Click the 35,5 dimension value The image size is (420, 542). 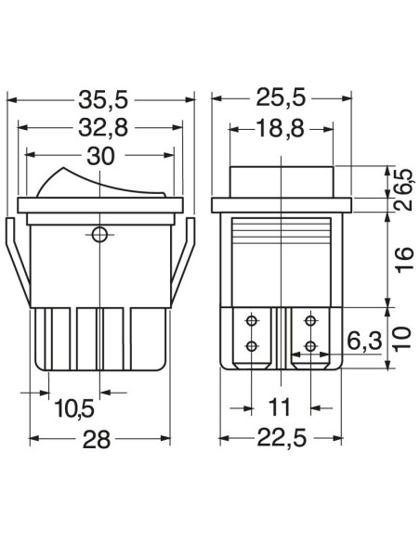[103, 100]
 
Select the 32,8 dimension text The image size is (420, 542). [103, 128]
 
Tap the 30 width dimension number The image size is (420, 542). [100, 156]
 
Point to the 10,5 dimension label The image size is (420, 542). [74, 407]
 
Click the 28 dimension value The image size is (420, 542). [97, 440]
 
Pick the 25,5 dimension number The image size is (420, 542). [281, 97]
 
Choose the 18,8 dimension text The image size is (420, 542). [281, 129]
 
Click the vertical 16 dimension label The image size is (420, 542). [405, 260]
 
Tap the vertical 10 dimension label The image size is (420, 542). [403, 338]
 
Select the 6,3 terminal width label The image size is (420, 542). [364, 342]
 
